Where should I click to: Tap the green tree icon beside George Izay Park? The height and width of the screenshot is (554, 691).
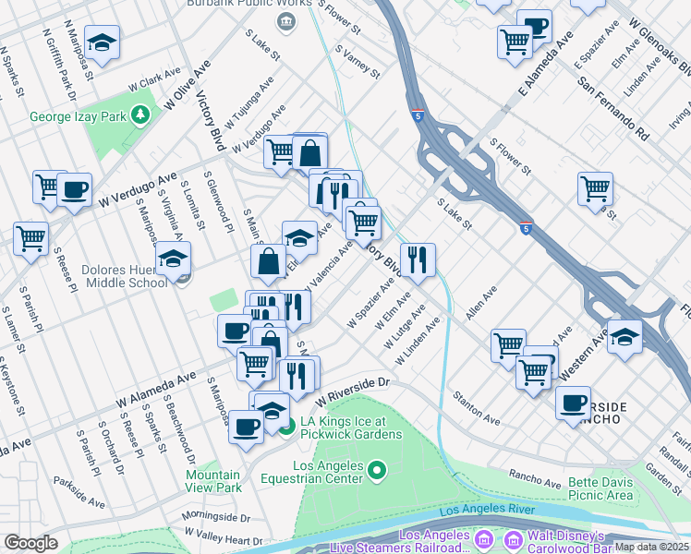[139, 115]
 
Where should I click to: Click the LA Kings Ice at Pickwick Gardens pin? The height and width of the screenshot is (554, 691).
[286, 426]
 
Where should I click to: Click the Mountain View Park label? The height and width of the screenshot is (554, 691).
[213, 480]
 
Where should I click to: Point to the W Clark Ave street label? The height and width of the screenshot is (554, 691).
[153, 81]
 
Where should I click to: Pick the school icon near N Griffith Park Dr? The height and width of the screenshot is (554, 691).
[101, 42]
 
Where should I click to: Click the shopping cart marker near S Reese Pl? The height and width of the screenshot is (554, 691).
[31, 238]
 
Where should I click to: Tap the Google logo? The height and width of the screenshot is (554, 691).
[31, 542]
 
